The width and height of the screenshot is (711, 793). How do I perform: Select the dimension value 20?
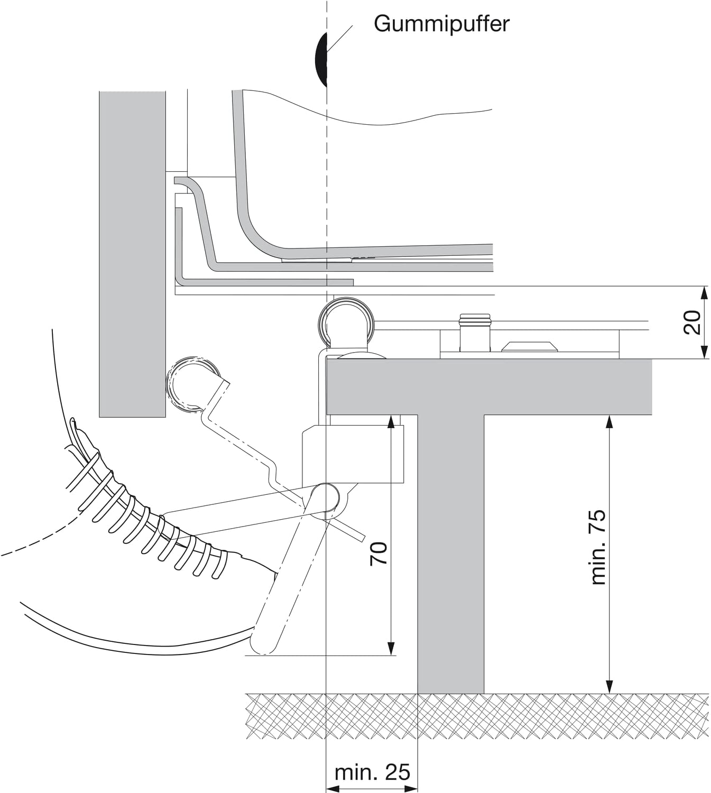coord(692,322)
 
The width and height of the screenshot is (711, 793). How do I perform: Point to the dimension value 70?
coord(378,554)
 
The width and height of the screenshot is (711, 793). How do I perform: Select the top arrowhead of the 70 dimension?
coord(391,422)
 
